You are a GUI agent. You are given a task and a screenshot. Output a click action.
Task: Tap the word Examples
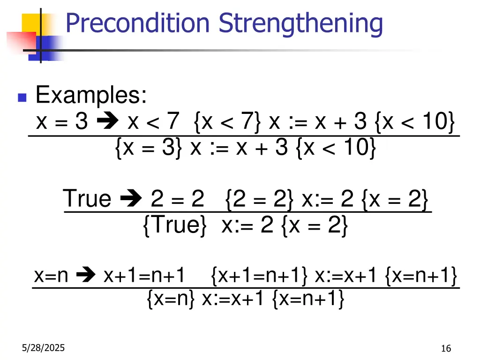tap(91, 96)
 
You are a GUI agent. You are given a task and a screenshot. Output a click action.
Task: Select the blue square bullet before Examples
tap(21, 98)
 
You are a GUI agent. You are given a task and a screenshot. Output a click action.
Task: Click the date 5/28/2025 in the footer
tap(44, 348)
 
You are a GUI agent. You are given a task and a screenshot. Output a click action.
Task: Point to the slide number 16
tap(446, 348)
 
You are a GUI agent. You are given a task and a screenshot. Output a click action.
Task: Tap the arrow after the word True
tap(130, 199)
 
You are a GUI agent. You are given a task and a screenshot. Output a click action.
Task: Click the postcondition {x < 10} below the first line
tap(336, 148)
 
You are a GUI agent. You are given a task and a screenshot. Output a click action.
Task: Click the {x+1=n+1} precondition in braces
tap(260, 276)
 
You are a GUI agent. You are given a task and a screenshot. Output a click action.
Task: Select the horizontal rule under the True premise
tap(247, 212)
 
